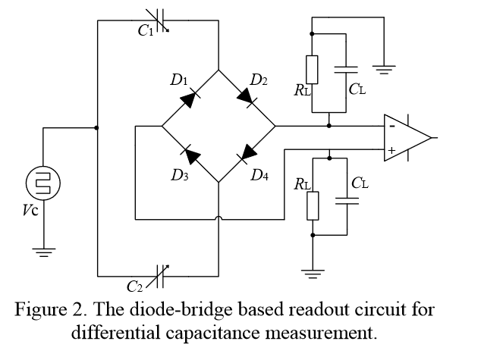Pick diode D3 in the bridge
191,155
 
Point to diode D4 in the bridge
247,155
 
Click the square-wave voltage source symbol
42,183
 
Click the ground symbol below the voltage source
42,251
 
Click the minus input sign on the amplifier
391,127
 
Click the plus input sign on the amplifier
391,150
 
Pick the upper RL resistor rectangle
312,70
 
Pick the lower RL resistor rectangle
312,205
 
